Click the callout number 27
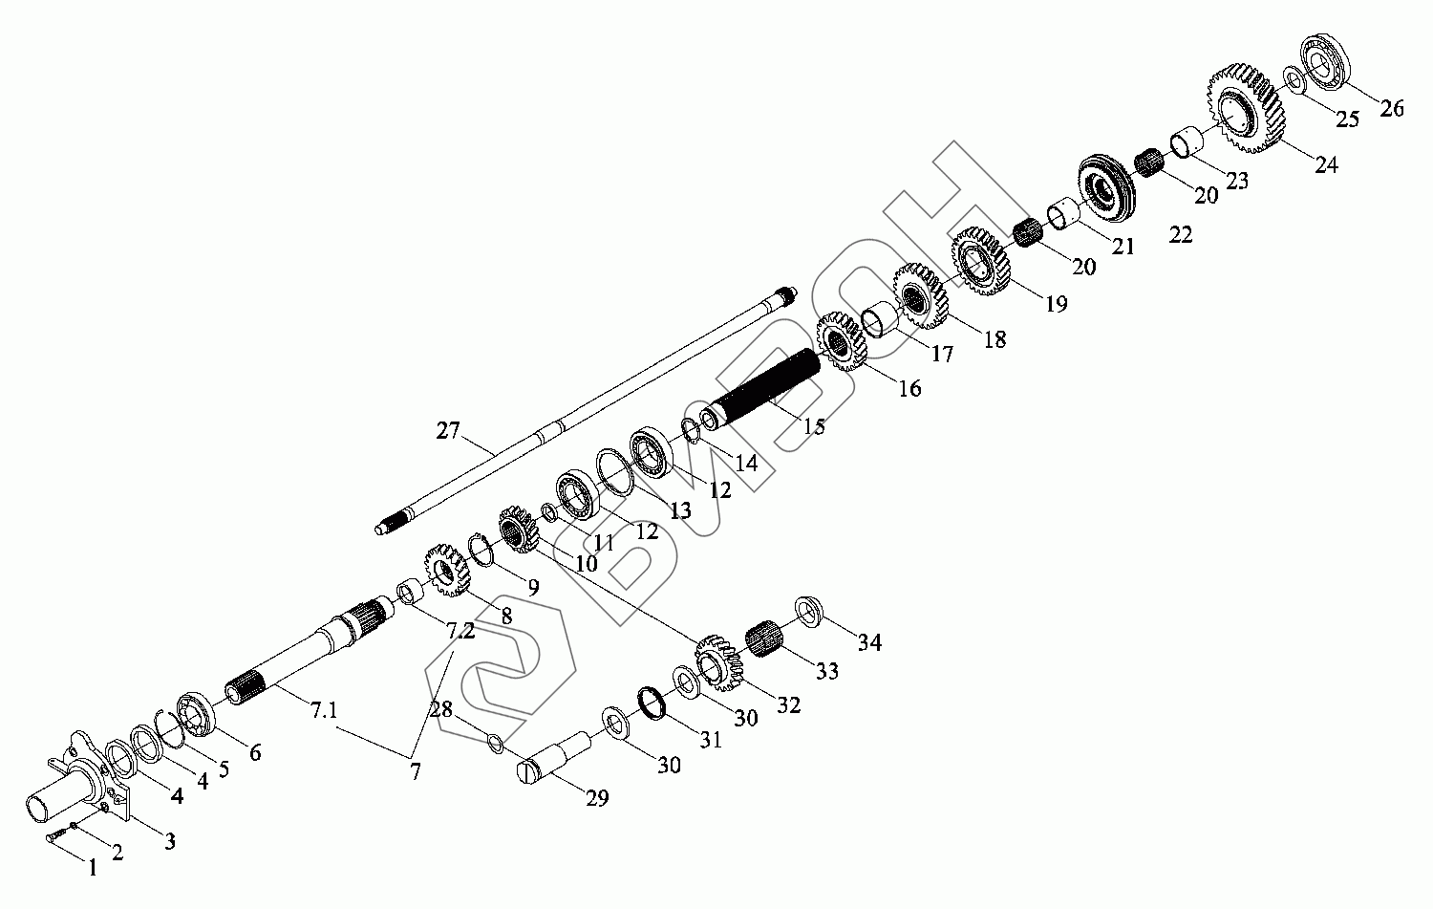pos(448,431)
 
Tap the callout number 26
pos(1391,109)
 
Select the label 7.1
pos(325,710)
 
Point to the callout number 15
pos(814,426)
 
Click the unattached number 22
pos(1181,235)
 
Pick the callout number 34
pos(869,642)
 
